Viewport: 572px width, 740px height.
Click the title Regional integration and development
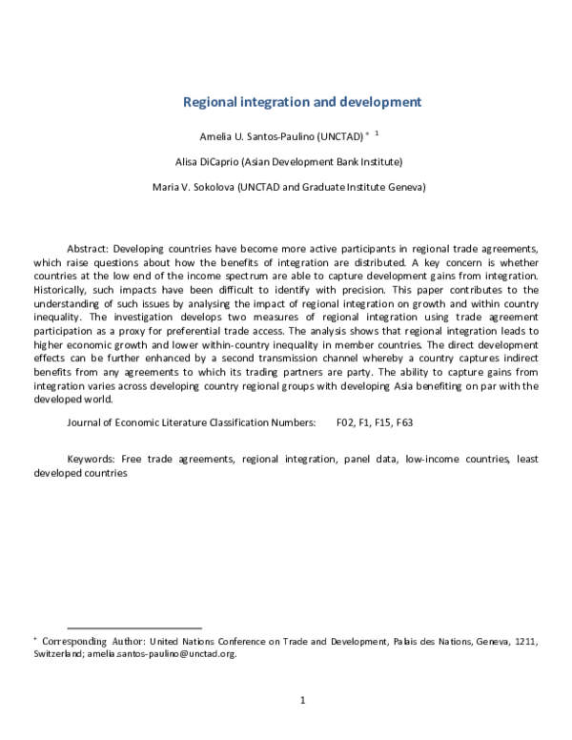301,101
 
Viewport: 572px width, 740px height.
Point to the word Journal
87,421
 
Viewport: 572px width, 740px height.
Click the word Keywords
92,459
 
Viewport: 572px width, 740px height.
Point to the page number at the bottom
302,701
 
